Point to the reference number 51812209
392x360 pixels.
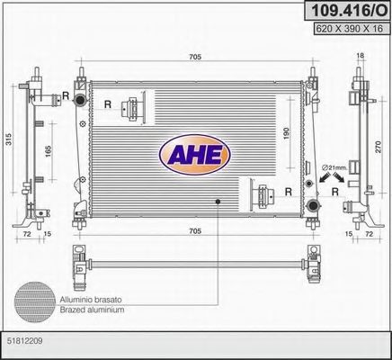tap(26, 342)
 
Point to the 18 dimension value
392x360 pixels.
tap(360, 55)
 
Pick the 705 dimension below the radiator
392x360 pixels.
tap(193, 230)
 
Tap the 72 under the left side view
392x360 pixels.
tap(27, 234)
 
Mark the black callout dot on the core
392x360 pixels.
tap(218, 202)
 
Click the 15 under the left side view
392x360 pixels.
tap(47, 234)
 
